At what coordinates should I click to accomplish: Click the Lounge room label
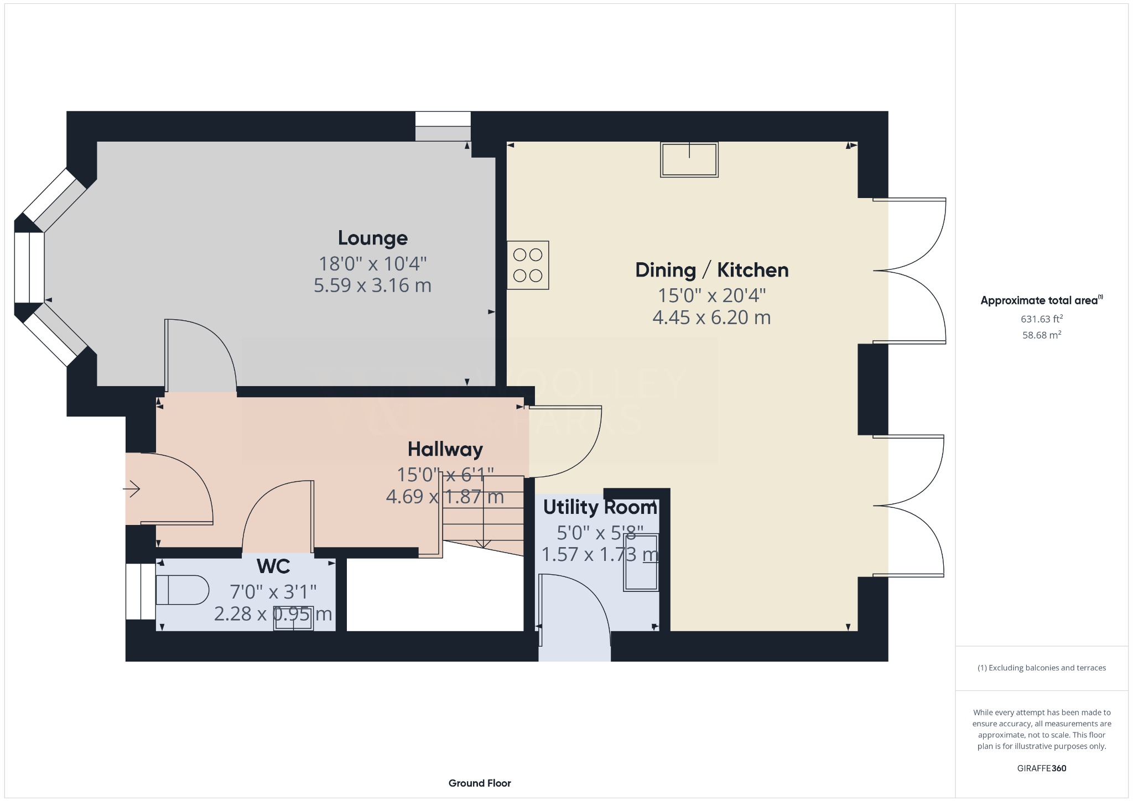tap(373, 238)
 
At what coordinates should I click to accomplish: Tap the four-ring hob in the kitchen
tap(528, 265)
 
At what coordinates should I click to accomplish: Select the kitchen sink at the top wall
tap(689, 160)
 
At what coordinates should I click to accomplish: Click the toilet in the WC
tap(181, 590)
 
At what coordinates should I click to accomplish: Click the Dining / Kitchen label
tap(711, 271)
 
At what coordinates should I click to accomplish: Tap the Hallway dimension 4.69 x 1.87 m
tap(445, 497)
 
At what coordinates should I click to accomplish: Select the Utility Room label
tap(600, 507)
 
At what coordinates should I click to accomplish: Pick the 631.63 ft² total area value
tap(1041, 319)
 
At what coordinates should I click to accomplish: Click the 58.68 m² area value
tap(1041, 335)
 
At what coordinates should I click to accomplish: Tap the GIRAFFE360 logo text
tap(1041, 768)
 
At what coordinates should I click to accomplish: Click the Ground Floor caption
tap(480, 783)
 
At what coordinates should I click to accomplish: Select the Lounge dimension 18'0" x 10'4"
tap(372, 264)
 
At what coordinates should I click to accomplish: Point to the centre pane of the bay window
tap(29, 268)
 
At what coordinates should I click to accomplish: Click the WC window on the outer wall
tap(141, 591)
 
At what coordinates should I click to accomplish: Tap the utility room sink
tap(641, 563)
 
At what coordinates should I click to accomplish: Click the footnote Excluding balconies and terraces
tap(1041, 668)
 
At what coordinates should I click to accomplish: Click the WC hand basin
tap(294, 618)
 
